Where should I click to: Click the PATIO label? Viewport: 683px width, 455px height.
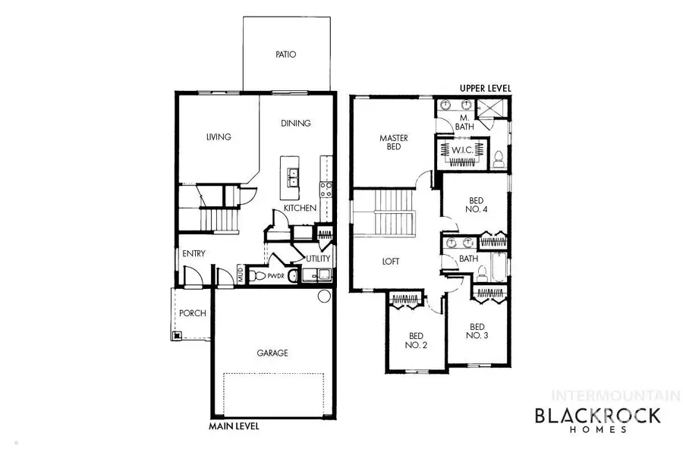285,55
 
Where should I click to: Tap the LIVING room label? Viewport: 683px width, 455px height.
218,137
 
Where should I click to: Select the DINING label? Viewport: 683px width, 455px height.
296,123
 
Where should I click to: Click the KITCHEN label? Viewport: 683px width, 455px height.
300,208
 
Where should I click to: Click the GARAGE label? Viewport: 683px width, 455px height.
272,353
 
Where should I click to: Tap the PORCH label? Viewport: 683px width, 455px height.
192,313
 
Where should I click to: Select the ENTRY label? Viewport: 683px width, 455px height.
194,254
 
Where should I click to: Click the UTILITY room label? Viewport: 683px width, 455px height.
317,259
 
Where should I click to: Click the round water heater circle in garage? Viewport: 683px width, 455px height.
324,296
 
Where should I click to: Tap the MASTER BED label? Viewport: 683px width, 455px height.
394,143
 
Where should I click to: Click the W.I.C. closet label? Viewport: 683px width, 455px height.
462,150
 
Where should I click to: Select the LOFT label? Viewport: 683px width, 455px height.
391,262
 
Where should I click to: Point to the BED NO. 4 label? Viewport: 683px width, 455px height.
475,205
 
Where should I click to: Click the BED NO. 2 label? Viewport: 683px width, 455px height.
416,340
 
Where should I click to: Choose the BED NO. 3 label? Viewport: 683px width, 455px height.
475,331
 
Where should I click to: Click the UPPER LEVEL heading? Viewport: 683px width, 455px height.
485,89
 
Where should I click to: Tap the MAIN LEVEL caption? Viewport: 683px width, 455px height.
234,426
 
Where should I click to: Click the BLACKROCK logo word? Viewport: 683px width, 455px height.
598,415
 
